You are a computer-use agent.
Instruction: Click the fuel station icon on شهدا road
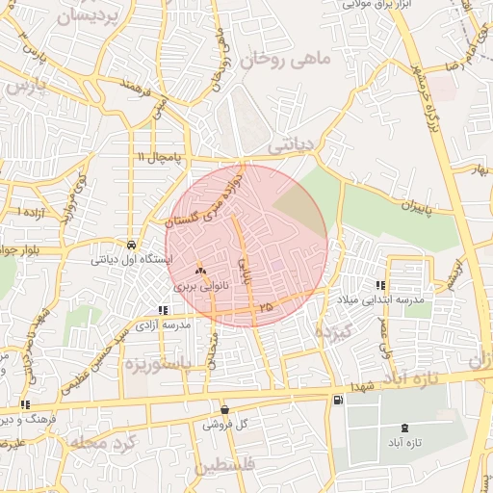point(336,401)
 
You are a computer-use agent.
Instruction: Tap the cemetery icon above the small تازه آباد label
point(402,427)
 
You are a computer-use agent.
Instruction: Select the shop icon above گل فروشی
point(224,410)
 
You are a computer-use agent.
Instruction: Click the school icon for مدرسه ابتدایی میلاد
point(380,285)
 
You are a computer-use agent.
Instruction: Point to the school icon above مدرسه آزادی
point(164,311)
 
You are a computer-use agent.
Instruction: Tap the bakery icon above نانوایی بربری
point(200,272)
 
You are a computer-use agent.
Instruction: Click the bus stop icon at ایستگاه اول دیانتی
point(131,245)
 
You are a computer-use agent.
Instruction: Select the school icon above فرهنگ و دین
point(24,405)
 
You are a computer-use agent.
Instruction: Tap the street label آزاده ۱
point(32,210)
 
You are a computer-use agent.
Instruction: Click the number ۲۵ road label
point(266,306)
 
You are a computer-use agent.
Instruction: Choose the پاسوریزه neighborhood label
point(159,364)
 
